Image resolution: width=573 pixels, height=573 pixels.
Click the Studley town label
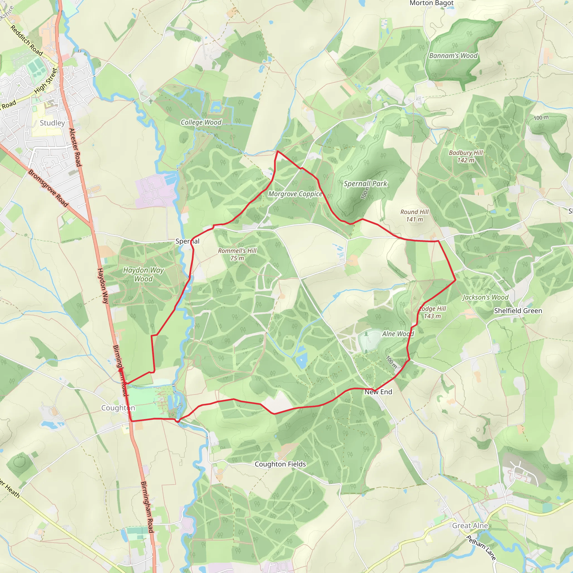52,123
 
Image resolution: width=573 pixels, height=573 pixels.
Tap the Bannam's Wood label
454,56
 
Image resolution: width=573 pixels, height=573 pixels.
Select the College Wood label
201,122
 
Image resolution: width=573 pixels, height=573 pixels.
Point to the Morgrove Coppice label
295,194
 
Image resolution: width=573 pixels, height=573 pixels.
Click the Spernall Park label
365,184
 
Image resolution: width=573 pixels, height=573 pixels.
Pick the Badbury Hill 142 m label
466,156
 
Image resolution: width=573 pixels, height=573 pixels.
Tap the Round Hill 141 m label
414,216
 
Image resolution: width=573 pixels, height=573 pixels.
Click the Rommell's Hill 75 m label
237,254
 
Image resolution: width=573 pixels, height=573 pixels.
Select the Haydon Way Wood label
143,274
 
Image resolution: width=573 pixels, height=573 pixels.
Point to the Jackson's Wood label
485,297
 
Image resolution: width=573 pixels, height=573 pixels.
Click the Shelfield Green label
518,311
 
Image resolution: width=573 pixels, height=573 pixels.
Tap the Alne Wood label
398,334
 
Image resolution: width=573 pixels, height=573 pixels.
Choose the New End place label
378,392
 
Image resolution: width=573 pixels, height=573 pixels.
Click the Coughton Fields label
280,464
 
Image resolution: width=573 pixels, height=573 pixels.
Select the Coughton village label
118,408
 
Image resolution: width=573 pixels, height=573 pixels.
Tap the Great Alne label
470,525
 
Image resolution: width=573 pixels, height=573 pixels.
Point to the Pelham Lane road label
481,548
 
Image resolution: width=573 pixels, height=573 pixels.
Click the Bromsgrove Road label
48,188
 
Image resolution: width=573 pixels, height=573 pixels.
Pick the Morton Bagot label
431,3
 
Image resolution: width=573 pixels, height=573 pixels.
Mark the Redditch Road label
27,40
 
